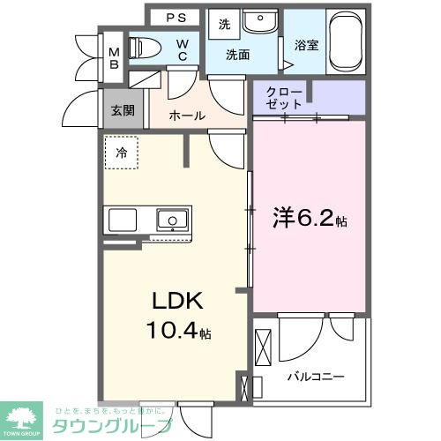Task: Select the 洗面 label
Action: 238,55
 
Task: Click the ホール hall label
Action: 186,116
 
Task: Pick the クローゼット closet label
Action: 285,98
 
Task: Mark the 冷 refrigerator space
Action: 122,152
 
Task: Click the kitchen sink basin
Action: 170,219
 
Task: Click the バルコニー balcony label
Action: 315,376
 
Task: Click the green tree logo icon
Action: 24,416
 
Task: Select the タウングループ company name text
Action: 115,425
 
